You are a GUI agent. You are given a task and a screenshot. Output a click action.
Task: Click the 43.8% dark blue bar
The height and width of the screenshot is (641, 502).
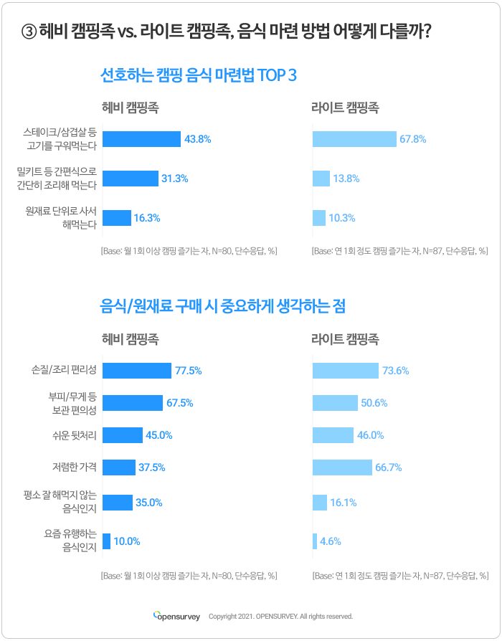(x=141, y=139)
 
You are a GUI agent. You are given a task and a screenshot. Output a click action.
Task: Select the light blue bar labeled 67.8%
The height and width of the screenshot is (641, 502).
(x=354, y=139)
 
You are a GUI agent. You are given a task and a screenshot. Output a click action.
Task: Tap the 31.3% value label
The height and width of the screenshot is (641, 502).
(x=175, y=179)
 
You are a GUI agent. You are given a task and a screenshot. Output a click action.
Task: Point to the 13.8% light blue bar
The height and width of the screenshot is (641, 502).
(x=321, y=179)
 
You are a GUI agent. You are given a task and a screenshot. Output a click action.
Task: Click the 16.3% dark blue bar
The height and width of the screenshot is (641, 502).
(x=117, y=218)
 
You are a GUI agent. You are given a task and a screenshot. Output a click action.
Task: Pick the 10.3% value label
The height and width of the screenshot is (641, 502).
(x=342, y=218)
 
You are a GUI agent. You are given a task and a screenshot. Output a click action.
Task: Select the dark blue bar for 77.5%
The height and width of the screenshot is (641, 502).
(x=137, y=371)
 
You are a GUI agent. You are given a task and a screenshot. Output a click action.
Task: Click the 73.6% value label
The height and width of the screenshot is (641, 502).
(x=396, y=371)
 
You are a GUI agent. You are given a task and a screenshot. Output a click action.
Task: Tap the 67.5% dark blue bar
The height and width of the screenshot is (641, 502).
(x=133, y=403)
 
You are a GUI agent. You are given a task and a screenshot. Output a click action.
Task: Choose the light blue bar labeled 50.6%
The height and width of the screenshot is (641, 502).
(x=335, y=403)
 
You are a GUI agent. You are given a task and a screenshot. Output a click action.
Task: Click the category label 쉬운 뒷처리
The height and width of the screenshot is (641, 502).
(x=75, y=435)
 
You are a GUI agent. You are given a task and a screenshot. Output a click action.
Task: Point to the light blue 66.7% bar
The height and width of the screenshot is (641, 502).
(x=343, y=467)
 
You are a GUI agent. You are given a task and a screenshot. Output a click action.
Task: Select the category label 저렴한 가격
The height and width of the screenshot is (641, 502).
(x=75, y=467)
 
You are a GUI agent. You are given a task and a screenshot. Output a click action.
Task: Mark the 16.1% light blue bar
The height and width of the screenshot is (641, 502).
(x=320, y=503)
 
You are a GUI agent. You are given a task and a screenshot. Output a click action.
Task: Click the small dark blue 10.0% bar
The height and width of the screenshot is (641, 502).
(x=106, y=541)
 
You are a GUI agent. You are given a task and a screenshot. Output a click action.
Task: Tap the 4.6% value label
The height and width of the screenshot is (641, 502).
(x=331, y=541)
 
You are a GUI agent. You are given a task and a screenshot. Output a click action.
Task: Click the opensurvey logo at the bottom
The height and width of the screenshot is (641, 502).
(x=176, y=616)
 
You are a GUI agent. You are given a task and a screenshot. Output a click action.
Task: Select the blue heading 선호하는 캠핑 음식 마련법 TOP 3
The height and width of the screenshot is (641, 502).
(x=198, y=75)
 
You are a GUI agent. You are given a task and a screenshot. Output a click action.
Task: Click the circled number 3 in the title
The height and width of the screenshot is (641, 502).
(x=29, y=32)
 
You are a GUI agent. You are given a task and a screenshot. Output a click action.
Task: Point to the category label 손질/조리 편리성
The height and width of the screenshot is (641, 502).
(x=64, y=370)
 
